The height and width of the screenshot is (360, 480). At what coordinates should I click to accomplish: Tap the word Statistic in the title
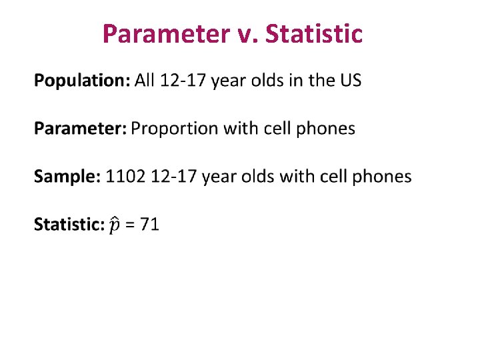click(314, 33)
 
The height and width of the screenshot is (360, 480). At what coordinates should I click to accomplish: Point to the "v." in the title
click(247, 33)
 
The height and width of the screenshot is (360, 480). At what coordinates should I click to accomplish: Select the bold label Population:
click(82, 81)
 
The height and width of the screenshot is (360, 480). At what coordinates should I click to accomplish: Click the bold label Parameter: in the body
click(80, 129)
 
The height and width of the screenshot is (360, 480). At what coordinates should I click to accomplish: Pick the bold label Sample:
click(67, 177)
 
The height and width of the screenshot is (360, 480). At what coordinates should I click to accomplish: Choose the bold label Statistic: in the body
click(69, 224)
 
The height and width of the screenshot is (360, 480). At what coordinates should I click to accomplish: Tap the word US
click(350, 81)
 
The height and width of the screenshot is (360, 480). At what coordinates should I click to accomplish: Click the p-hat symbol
click(115, 225)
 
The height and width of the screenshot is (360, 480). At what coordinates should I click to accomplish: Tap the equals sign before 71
click(130, 225)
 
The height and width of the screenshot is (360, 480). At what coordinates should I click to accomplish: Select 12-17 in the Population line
click(182, 81)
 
